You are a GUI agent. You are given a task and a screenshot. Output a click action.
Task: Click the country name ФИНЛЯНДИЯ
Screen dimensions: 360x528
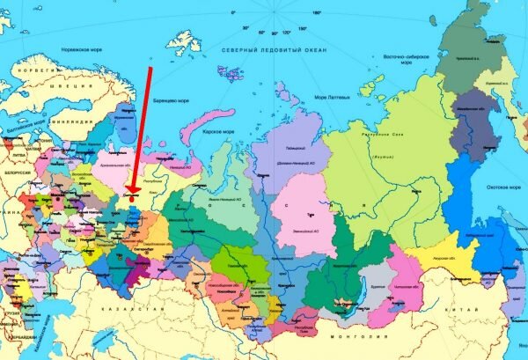[75, 120]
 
